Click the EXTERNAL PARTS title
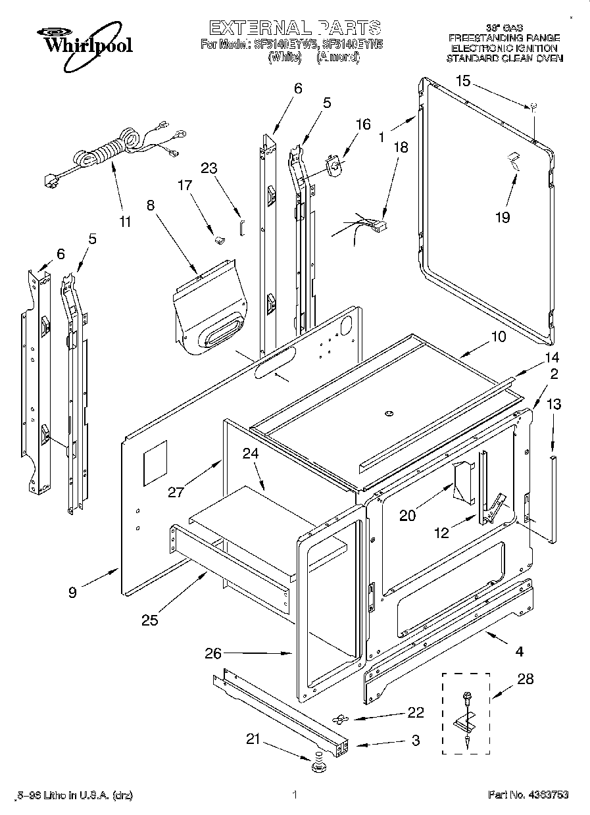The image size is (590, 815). tap(294, 28)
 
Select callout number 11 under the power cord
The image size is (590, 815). tap(125, 221)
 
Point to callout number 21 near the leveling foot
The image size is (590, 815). tap(253, 739)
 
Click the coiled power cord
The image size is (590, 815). tap(109, 153)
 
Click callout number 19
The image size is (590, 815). tap(503, 217)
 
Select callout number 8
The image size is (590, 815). tap(151, 205)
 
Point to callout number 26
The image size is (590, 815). tap(212, 653)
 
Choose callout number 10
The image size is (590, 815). tap(498, 336)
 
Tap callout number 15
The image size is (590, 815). tap(464, 81)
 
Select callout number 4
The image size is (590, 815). tap(520, 652)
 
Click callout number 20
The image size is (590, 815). tap(408, 516)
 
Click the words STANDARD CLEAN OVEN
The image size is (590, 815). tap(504, 58)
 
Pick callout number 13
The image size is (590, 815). tap(554, 405)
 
